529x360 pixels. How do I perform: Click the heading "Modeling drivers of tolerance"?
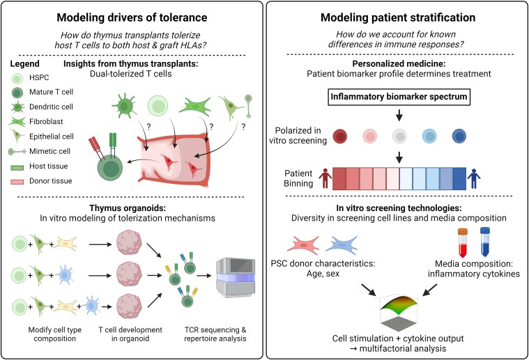[130, 19]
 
